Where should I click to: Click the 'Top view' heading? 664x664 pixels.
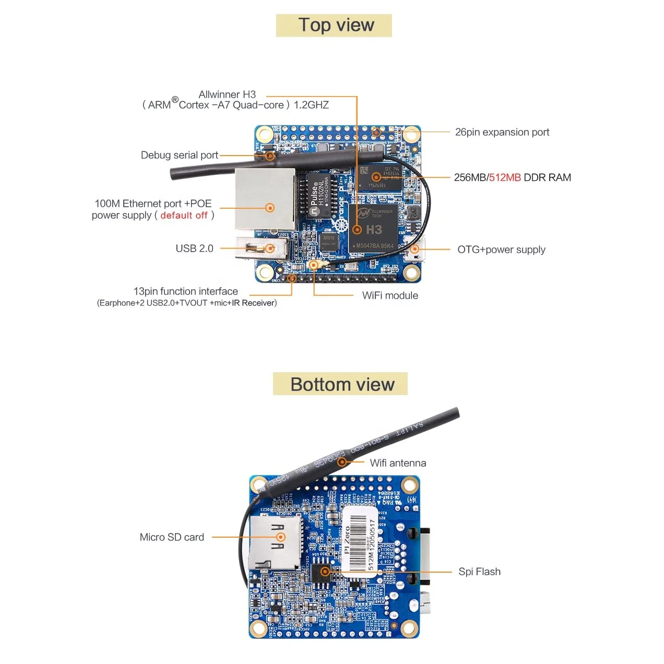point(336,25)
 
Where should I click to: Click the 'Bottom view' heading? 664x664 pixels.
point(342,384)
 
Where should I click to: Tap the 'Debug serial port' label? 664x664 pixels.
point(179,155)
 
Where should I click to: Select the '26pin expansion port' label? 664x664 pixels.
point(502,132)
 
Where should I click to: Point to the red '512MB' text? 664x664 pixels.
point(505,177)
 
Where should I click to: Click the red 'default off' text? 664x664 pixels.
point(184,216)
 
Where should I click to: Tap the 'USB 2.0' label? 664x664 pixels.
point(194,248)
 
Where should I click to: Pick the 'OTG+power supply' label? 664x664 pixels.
point(501,250)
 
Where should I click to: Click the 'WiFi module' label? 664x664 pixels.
point(390,295)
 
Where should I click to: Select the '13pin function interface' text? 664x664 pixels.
point(185,291)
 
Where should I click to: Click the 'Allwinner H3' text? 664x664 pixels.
point(227,94)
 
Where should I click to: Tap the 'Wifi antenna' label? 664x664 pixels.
point(398,463)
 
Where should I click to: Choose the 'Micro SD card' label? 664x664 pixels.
point(172,537)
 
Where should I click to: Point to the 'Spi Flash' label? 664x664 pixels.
point(479,572)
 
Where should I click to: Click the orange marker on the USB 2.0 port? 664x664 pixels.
point(270,248)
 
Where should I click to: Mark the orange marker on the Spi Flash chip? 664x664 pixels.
point(325,572)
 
